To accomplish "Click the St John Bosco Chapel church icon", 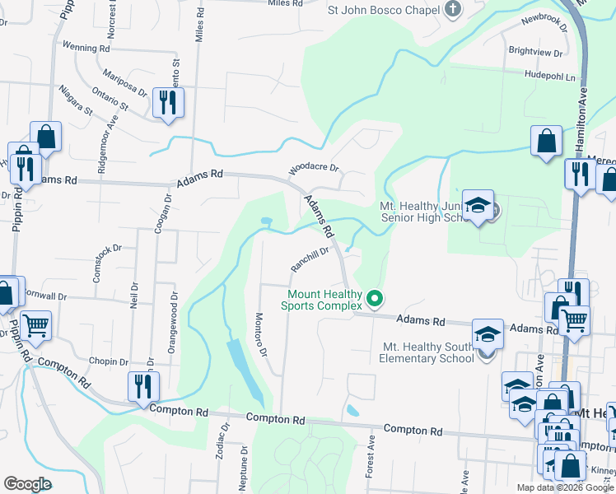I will coord(452,10).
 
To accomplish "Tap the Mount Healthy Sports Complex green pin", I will coord(375,298).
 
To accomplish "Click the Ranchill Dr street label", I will coord(310,259).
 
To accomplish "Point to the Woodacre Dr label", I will coord(314,169).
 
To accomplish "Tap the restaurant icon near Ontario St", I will coord(168,102).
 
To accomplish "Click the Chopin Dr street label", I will coord(104,361).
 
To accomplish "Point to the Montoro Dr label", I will coord(261,335).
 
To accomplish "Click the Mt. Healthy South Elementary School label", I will coord(427,352).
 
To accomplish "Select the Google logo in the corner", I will coord(27,484).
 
